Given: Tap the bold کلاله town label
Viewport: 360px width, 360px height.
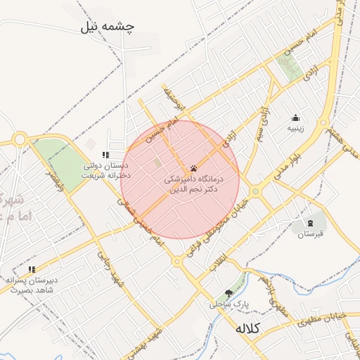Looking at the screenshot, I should (247, 328).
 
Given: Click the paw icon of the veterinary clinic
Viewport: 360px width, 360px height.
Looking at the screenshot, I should (193, 169).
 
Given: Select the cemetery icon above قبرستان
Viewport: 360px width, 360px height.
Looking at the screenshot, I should (309, 223).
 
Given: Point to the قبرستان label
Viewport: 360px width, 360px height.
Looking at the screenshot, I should (309, 233).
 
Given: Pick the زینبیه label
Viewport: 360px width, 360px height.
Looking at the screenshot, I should (296, 129).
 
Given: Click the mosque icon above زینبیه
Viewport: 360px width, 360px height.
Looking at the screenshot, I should (296, 118).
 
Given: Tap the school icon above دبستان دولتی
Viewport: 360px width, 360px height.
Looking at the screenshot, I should (105, 155).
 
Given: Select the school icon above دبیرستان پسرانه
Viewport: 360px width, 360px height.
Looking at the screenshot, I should (32, 269).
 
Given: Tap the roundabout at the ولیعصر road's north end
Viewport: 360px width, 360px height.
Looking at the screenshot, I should (19, 139).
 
